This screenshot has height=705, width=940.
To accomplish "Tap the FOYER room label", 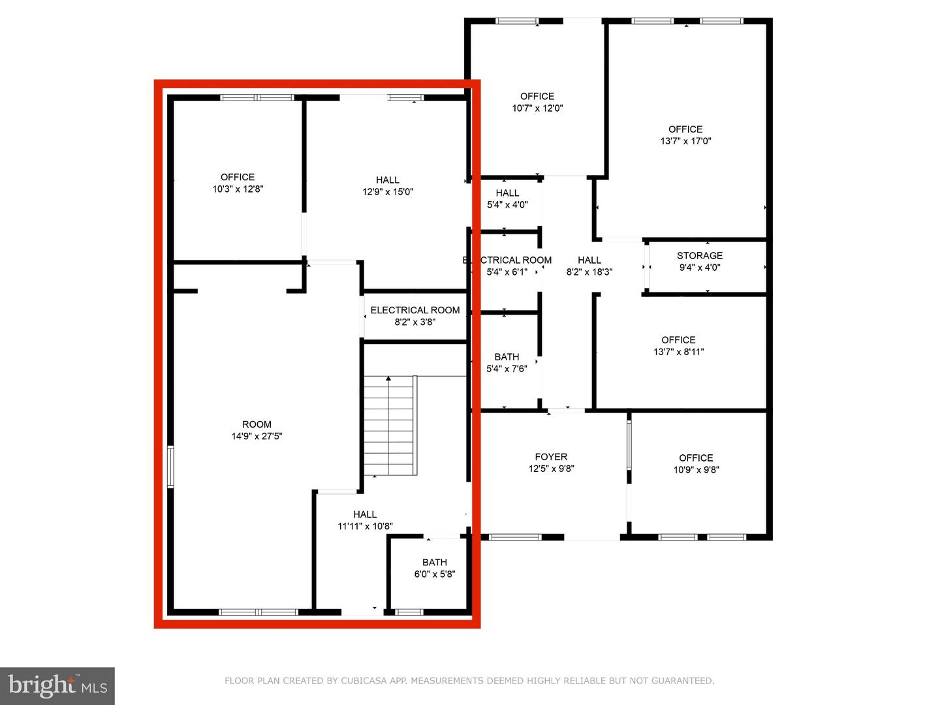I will coord(551,457).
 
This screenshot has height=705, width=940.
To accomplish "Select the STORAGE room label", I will coord(700,255).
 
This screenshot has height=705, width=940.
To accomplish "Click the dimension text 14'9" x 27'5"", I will coord(257,436).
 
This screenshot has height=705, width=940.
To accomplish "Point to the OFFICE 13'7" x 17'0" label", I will coord(685,134).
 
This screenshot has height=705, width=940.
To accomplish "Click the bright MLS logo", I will coord(57,685).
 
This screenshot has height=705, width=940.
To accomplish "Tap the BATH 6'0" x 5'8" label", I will coord(435,568).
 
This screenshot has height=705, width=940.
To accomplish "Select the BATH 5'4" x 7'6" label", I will coord(507,362).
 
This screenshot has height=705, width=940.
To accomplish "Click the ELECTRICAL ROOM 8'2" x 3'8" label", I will coord(415,316).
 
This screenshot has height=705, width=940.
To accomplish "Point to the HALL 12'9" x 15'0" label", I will coord(388,185).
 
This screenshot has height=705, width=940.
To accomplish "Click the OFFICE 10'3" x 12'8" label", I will coord(238,183).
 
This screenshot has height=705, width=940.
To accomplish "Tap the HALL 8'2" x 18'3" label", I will coord(589,266).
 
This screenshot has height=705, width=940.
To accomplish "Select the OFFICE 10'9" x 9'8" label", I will coord(696,463).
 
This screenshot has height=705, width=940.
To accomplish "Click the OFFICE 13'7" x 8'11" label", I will coord(678,345).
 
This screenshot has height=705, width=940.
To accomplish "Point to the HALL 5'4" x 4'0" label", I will coord(507,198).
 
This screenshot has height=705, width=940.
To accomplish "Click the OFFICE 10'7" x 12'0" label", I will coord(537,102).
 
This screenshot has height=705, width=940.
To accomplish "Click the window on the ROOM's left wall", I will coord(170,466).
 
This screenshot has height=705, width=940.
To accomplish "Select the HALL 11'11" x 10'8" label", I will coord(365,520).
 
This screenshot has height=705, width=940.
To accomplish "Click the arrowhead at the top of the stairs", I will coord(388,378).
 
